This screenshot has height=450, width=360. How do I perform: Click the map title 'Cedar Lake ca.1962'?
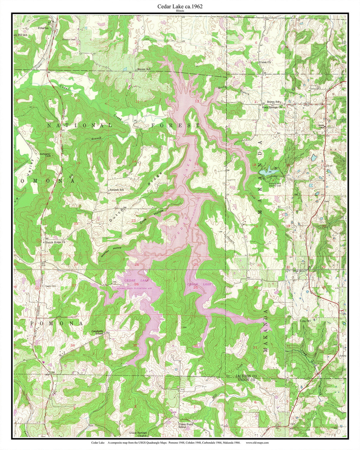coord(180,6)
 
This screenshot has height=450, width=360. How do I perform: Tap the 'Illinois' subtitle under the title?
coord(180,11)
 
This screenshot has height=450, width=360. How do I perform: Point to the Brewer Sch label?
coord(144,69)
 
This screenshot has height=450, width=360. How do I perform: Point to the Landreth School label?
coord(97,332)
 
